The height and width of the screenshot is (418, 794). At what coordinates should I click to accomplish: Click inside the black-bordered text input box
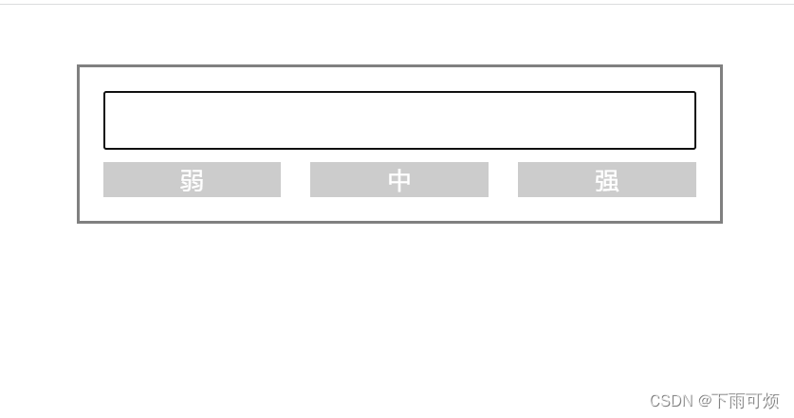click(x=399, y=120)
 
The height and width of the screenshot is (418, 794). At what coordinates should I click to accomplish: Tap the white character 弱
click(x=192, y=180)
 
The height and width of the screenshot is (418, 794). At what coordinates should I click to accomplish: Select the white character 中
click(x=399, y=180)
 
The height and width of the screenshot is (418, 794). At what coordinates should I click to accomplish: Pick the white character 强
click(x=607, y=180)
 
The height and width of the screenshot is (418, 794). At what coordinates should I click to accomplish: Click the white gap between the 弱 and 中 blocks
click(x=295, y=180)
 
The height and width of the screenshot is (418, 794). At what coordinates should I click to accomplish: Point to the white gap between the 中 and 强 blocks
click(x=503, y=180)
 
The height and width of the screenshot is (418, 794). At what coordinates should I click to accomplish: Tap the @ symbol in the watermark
click(x=705, y=401)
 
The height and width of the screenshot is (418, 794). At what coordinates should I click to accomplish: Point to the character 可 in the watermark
click(x=754, y=401)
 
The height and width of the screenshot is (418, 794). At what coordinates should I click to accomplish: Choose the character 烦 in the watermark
click(x=771, y=401)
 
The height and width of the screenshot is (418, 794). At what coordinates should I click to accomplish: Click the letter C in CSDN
click(x=656, y=401)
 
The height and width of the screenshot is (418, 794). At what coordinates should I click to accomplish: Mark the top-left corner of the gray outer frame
click(x=79, y=66)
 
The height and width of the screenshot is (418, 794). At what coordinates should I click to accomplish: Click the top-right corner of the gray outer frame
click(x=721, y=66)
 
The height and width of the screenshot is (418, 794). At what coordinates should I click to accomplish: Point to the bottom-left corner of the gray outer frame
click(x=79, y=222)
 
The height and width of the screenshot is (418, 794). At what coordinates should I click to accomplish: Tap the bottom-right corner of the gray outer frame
click(x=721, y=222)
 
